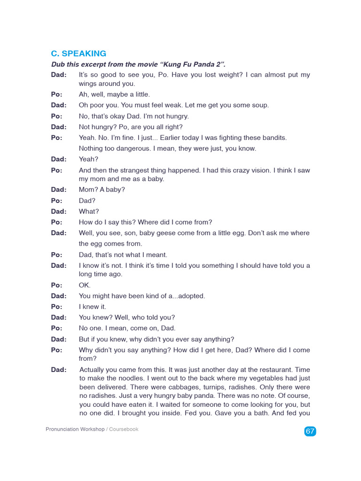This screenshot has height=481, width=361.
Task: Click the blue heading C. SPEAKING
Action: pos(78,54)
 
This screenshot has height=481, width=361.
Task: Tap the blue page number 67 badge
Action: pos(310,431)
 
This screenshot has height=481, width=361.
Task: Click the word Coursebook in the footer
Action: pos(124,429)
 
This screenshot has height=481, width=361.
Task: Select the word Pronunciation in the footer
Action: pos(63,429)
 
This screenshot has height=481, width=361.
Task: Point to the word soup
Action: pos(260,105)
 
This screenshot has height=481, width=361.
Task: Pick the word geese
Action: pos(160,233)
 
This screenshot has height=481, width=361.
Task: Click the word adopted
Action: pos(189,296)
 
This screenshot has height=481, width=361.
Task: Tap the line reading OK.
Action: pos(85,285)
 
